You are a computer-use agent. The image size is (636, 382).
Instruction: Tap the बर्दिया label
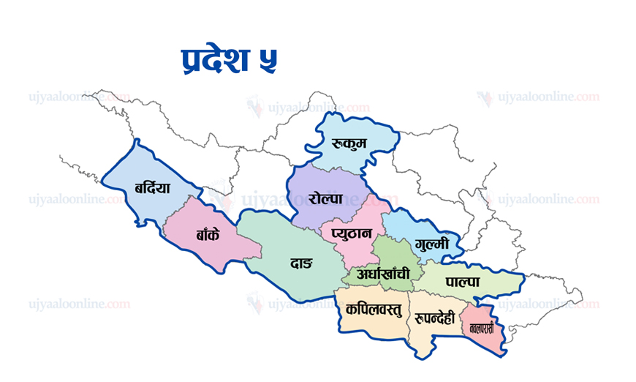point(152,187)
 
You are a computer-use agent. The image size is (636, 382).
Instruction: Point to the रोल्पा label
point(326,198)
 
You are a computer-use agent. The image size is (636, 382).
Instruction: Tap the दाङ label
point(300,262)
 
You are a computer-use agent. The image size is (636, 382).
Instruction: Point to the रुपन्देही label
point(434,318)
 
